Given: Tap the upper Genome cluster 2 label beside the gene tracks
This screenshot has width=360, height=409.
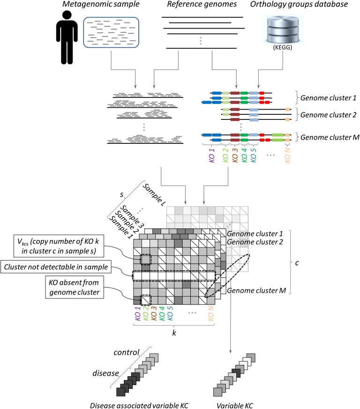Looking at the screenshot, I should (x=323, y=114).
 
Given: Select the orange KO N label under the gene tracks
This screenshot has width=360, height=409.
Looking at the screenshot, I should (x=287, y=153).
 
